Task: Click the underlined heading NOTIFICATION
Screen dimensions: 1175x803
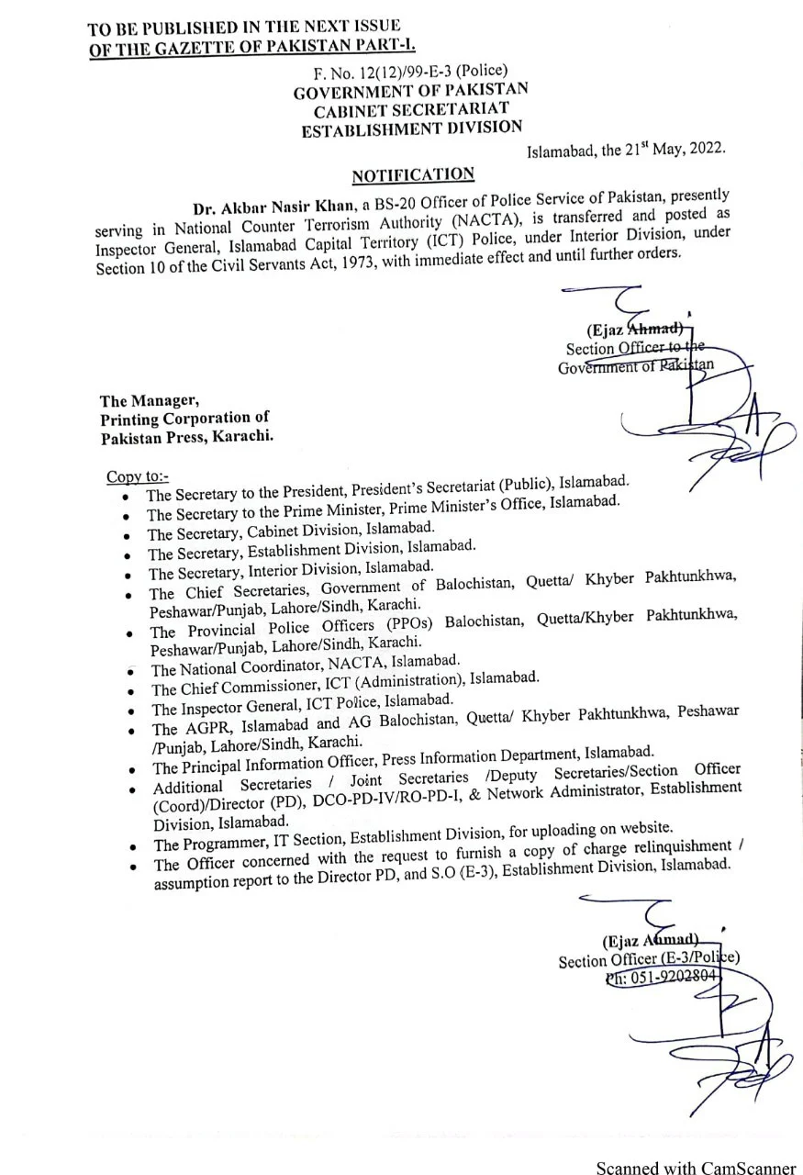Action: pyautogui.click(x=414, y=174)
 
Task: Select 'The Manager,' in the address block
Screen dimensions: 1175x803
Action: pyautogui.click(x=148, y=400)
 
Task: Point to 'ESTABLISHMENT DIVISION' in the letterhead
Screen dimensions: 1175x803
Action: pyautogui.click(x=412, y=129)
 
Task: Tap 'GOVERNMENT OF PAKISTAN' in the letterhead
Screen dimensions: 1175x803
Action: pyautogui.click(x=410, y=91)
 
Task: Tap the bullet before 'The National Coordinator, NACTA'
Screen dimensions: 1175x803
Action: pyautogui.click(x=131, y=671)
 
